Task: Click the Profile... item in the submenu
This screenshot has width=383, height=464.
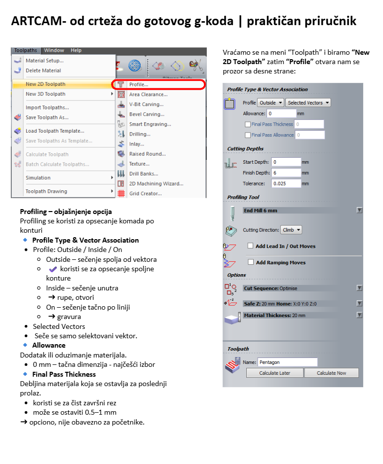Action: coord(139,84)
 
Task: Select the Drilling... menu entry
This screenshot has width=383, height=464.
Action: coord(140,134)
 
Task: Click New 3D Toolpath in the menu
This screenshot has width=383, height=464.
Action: coord(45,94)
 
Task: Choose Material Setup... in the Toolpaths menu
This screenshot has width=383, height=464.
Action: coord(44,61)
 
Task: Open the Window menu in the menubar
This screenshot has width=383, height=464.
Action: coord(54,50)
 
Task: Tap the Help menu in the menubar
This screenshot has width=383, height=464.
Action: coord(76,50)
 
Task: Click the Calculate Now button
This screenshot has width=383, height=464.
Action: coord(331,373)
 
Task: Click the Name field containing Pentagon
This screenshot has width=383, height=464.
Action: coord(287,362)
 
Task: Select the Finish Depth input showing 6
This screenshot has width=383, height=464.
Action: coord(285,173)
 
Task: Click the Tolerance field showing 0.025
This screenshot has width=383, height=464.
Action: coord(285,183)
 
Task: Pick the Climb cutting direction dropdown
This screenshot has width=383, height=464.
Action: coord(291,230)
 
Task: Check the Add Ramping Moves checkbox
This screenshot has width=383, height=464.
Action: coord(251,262)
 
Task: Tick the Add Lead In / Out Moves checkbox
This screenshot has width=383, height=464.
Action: coord(251,246)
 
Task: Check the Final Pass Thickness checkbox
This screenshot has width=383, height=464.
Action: coord(248,124)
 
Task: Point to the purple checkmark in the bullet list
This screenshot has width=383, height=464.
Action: coord(53,269)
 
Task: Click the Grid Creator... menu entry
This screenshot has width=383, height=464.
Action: coord(145,194)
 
